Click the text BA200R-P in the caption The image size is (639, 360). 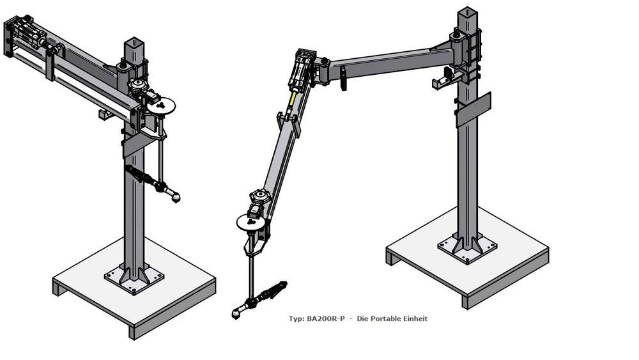325,319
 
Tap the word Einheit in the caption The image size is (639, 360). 415,319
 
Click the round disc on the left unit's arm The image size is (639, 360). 160,106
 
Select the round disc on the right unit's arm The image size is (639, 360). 251,222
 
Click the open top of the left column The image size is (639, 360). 134,42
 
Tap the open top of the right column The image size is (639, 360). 467,12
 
